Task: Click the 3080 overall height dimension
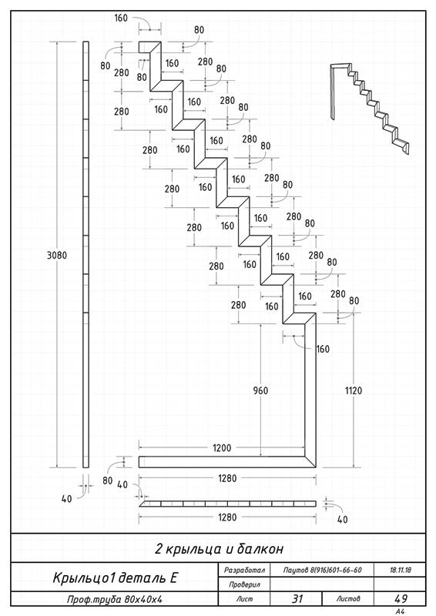click(x=57, y=256)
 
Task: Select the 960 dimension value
click(x=260, y=390)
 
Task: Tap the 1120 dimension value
click(x=354, y=390)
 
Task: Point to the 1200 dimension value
click(x=222, y=448)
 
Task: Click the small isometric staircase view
click(x=371, y=107)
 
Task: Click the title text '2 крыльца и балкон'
click(x=219, y=548)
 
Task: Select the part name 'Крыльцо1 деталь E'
click(x=115, y=577)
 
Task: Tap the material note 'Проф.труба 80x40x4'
click(x=115, y=600)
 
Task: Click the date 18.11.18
click(x=401, y=570)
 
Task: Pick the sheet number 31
click(x=297, y=599)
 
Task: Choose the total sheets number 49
click(x=401, y=599)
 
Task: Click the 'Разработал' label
click(x=244, y=570)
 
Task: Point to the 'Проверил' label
click(x=244, y=584)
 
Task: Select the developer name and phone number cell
click(x=323, y=570)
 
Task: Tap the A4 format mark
click(x=401, y=611)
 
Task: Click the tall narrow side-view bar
click(x=86, y=255)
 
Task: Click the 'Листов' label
click(x=348, y=599)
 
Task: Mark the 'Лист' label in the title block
click(x=244, y=599)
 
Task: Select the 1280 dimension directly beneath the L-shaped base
click(x=228, y=478)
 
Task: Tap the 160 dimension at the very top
click(x=121, y=18)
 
